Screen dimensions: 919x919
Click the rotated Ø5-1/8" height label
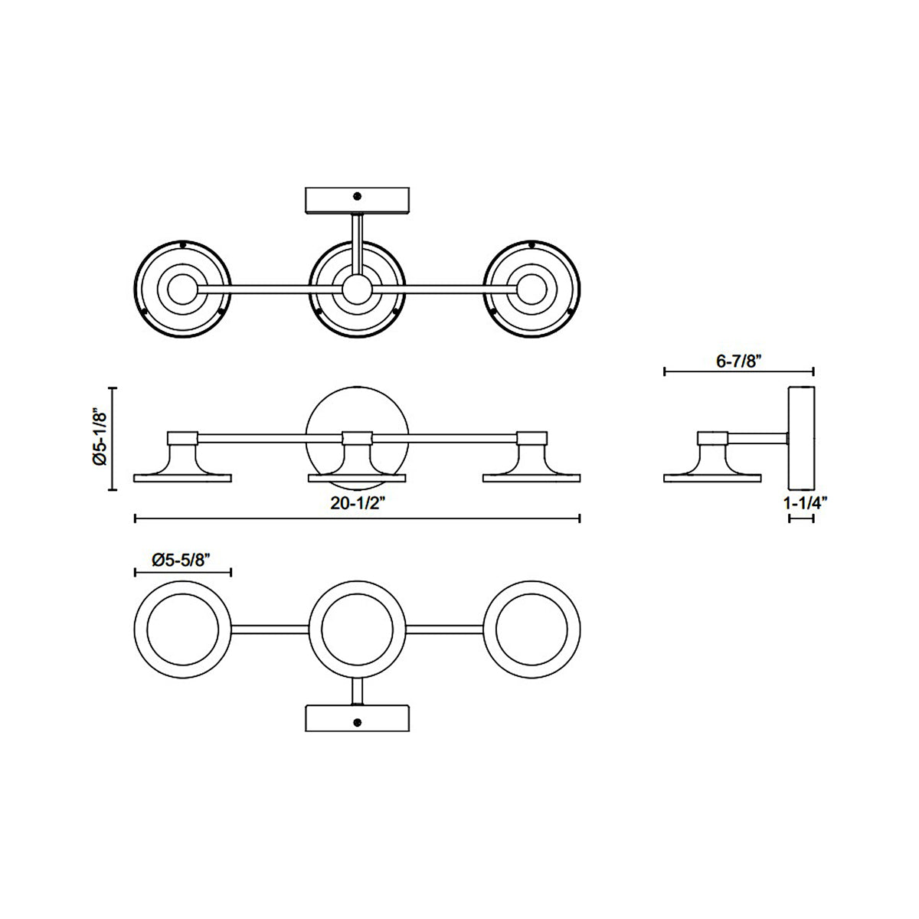pyautogui.click(x=98, y=438)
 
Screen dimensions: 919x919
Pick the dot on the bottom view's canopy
pyautogui.click(x=356, y=722)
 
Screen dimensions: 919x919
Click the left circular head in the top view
pyautogui.click(x=182, y=289)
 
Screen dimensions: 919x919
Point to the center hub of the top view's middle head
pyautogui.click(x=356, y=289)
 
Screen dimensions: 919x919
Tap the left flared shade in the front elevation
pyautogui.click(x=182, y=464)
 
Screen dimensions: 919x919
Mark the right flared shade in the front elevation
pyautogui.click(x=532, y=464)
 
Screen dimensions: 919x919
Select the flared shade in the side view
pyautogui.click(x=712, y=464)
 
